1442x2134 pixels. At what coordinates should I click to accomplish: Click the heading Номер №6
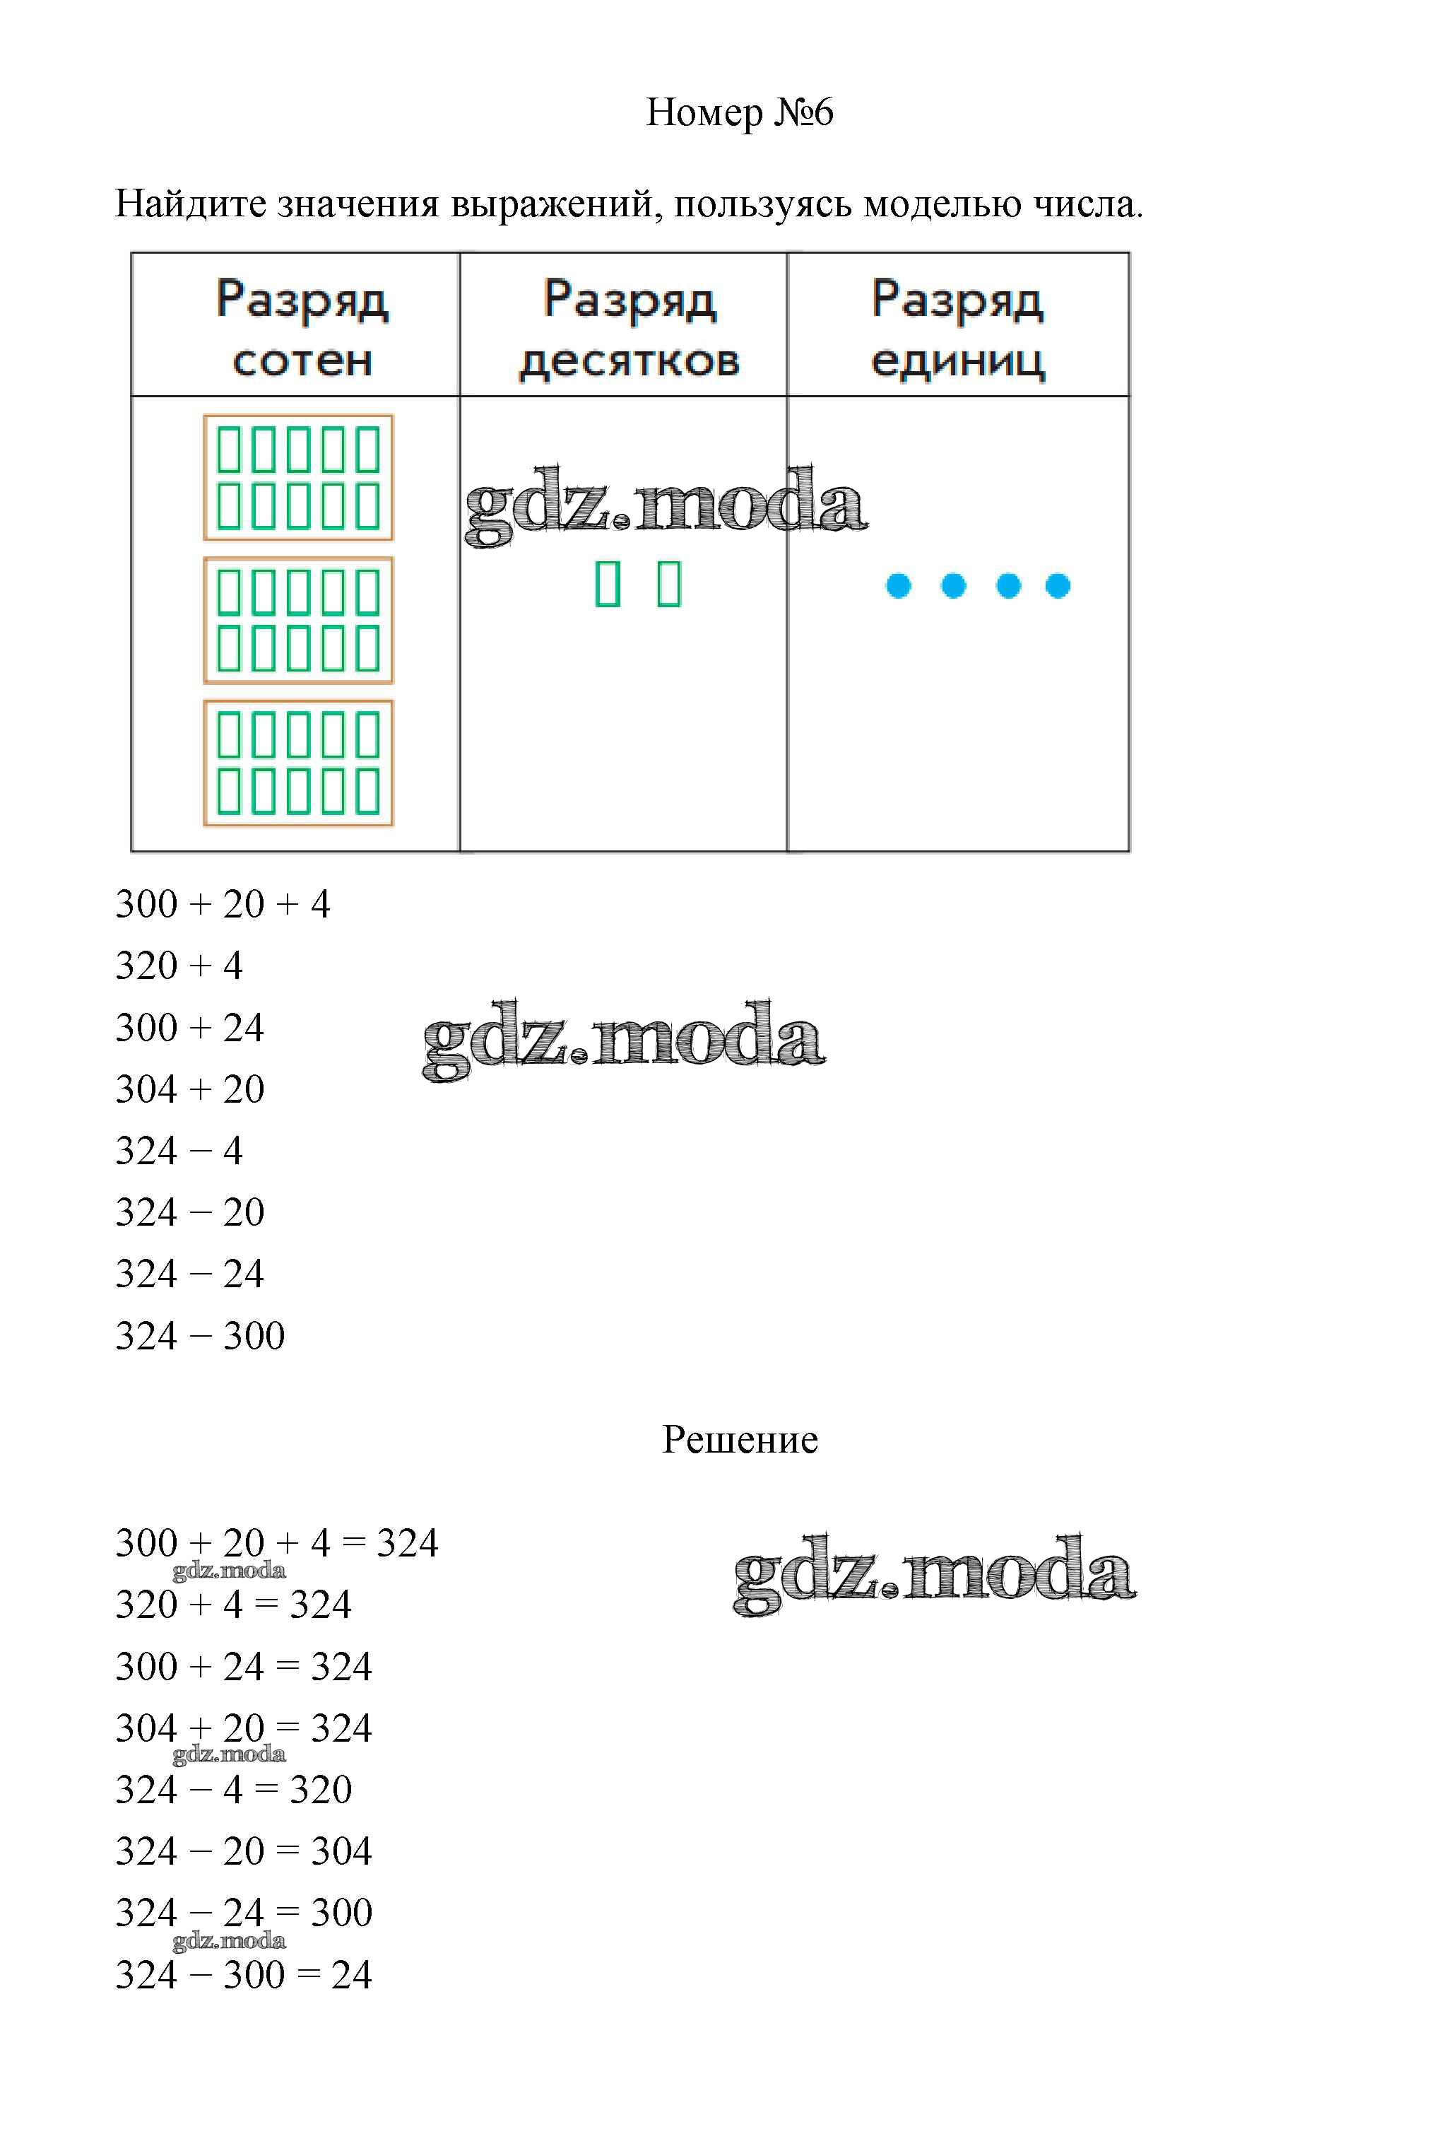(x=739, y=112)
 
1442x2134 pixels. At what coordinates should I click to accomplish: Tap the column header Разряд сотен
(x=302, y=328)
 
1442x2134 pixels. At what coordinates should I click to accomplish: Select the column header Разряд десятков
(x=630, y=328)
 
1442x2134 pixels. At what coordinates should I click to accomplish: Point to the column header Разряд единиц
(x=957, y=328)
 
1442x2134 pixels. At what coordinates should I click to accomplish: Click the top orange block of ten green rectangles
(x=298, y=478)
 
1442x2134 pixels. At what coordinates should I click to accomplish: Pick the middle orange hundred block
(x=298, y=620)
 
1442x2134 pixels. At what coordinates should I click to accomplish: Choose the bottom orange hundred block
(x=298, y=763)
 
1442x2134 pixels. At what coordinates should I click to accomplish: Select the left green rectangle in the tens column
(x=608, y=584)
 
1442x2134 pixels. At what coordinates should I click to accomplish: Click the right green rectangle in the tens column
(x=669, y=584)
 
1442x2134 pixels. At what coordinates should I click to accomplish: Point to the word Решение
(x=740, y=1440)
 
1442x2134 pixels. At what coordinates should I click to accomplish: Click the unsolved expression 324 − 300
(x=200, y=1335)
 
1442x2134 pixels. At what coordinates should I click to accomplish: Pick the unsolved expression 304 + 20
(x=190, y=1089)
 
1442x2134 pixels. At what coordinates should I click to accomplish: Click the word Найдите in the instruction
(x=190, y=204)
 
